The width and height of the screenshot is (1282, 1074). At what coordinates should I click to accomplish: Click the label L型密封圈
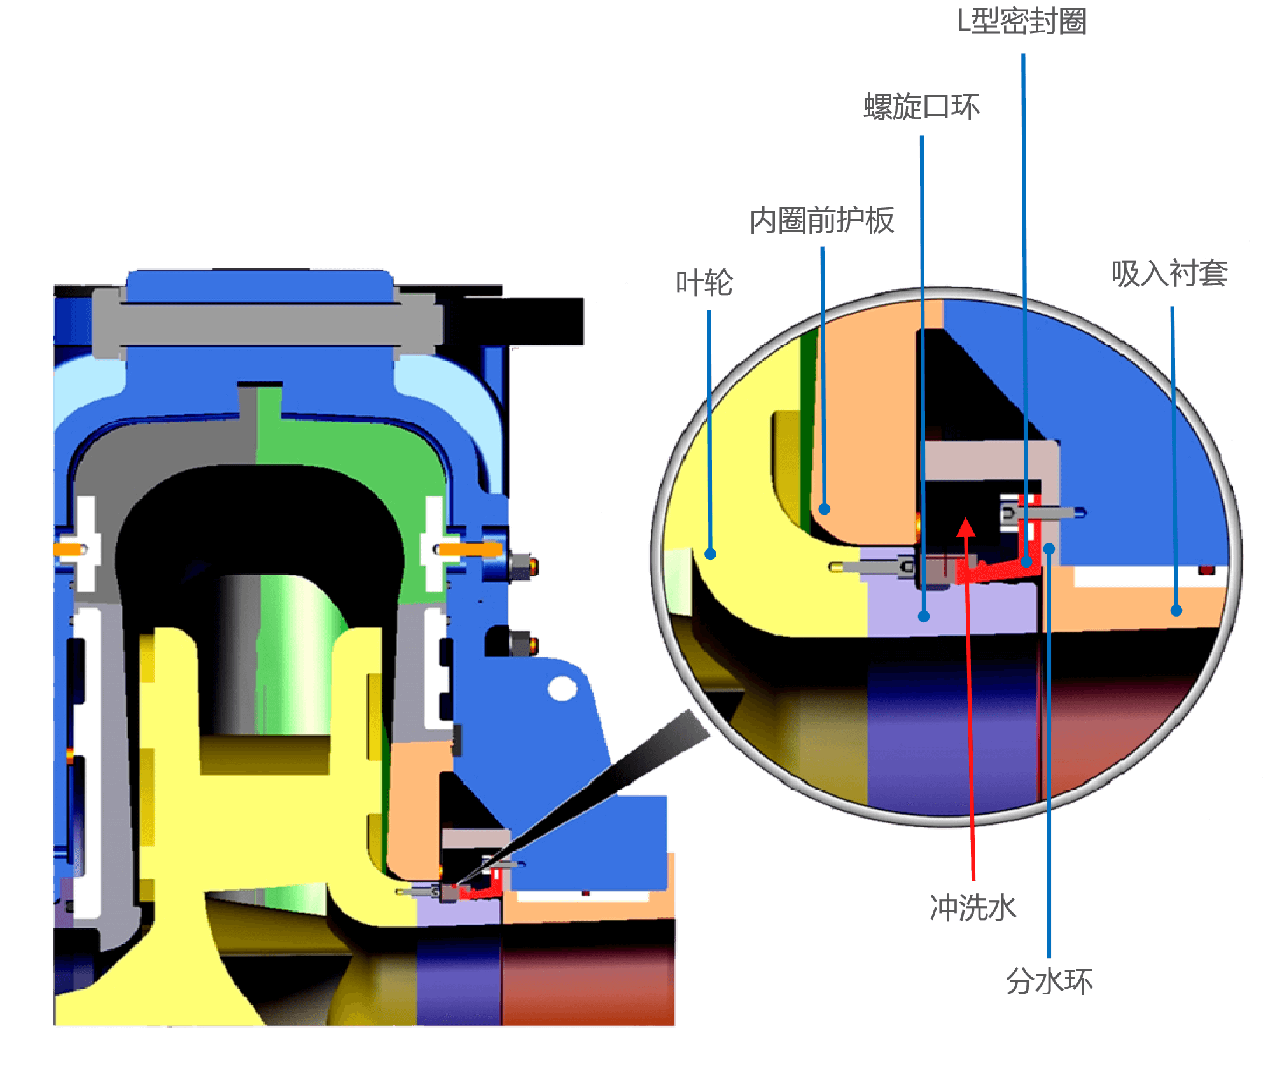[1022, 21]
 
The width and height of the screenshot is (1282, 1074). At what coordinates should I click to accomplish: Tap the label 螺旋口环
[921, 106]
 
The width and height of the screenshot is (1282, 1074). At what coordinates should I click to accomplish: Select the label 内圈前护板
[822, 220]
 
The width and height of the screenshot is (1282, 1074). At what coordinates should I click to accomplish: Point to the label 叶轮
[704, 283]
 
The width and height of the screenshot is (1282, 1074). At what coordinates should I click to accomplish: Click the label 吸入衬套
[1169, 274]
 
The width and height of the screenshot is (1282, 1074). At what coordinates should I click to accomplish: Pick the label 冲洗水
[973, 908]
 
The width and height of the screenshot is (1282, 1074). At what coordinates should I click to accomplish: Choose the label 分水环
[1049, 981]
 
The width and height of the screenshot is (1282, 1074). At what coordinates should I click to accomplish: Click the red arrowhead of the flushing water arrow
[966, 527]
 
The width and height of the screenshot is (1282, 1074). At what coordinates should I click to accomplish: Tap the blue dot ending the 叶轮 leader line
[711, 554]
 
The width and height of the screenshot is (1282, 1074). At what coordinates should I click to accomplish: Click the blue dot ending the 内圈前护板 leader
[825, 508]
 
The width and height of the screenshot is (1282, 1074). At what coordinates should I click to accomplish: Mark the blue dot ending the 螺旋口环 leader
[924, 616]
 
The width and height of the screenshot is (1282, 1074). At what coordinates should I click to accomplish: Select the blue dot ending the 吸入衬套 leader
[1176, 610]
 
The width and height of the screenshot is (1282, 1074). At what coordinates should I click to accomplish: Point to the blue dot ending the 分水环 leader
[1049, 548]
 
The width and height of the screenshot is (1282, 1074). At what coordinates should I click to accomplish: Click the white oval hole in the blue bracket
[562, 688]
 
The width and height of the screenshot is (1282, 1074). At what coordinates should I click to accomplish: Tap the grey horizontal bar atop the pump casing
[267, 324]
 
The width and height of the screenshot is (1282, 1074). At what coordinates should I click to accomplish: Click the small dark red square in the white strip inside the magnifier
[1206, 571]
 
